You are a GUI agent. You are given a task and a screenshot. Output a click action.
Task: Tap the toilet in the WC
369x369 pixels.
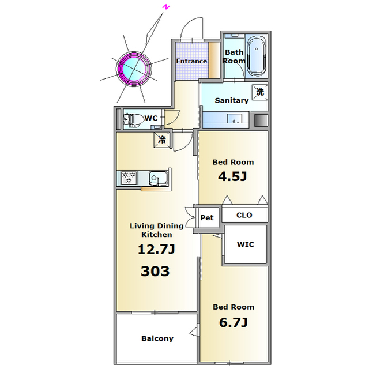pos(134,119)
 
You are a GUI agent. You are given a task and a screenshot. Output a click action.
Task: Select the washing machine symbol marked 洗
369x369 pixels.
pos(260,92)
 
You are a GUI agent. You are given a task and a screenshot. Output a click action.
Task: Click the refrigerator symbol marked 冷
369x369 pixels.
pos(162,140)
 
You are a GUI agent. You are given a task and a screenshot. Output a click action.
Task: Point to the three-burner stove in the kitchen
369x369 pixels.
pos(129,178)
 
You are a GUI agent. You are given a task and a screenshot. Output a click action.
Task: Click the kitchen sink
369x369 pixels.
pos(158,178)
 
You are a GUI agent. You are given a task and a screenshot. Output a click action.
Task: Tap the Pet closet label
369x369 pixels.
pos(207,218)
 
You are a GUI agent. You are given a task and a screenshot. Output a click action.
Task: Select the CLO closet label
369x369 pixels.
pos(244,215)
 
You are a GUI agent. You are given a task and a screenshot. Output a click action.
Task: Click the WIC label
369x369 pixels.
pos(246,244)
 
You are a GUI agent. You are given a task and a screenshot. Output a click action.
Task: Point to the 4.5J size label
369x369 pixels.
pos(232,176)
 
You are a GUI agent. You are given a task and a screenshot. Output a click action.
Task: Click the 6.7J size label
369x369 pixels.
pos(233,322)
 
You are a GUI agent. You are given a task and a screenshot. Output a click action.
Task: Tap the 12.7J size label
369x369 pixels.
pos(156,250)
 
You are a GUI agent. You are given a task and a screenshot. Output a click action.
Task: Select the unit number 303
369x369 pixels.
pos(155,271)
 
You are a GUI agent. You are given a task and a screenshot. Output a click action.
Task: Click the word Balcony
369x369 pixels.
pos(157,338)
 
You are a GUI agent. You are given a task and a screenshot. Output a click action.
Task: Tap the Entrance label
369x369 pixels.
pos(191,61)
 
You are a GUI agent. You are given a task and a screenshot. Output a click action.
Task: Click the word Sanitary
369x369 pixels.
pos(232,101)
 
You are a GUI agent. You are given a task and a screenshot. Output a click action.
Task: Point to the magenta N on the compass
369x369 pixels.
pos(166,7)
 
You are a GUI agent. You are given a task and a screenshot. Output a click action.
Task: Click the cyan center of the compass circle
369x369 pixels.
pos(134,69)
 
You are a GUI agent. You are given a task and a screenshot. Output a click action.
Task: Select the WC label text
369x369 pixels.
pos(151,118)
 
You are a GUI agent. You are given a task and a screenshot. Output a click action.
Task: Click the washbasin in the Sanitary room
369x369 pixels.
pos(235,118)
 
